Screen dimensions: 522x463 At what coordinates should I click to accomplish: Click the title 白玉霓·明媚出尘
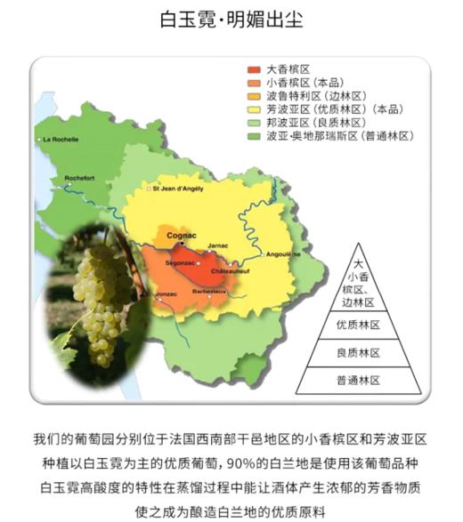[x=231, y=19]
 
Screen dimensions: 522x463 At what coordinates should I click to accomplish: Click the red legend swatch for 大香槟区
[x=254, y=68]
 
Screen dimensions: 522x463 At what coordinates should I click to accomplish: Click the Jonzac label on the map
[x=167, y=293]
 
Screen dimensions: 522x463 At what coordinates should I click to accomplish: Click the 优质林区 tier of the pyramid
[x=358, y=325]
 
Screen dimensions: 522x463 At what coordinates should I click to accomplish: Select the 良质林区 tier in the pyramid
[x=358, y=352]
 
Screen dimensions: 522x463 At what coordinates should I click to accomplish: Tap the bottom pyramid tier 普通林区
[x=358, y=380]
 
